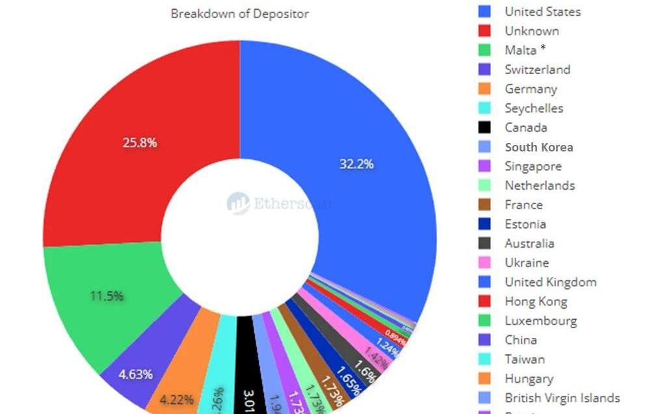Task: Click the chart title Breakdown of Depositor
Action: coord(239,14)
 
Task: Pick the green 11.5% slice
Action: coord(104,292)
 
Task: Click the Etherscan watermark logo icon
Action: coord(239,203)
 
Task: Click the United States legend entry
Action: coord(542,12)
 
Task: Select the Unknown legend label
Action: coord(531,31)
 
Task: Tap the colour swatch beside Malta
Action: coord(484,50)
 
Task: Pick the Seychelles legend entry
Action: coord(533,109)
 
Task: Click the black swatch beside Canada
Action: coord(484,127)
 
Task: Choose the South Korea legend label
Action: coord(538,147)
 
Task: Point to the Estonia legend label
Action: coord(525,224)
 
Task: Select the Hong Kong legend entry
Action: coord(535,302)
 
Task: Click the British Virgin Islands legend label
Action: coord(562,398)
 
